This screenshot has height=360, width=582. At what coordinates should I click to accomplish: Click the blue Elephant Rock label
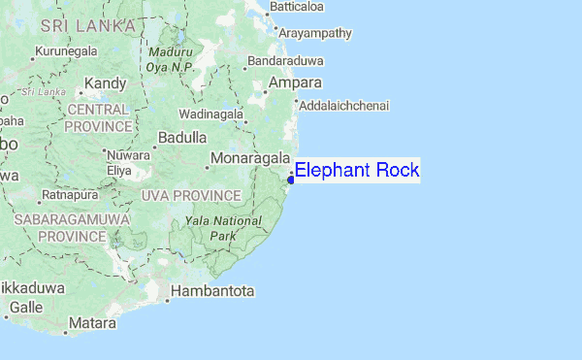[x=357, y=171]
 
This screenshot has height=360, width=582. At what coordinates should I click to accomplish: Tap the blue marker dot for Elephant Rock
[x=291, y=178]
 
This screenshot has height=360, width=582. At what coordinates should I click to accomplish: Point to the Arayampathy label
[x=314, y=33]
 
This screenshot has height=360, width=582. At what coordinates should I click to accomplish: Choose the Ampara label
[x=295, y=83]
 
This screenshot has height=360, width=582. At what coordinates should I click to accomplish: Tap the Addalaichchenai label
[x=344, y=105]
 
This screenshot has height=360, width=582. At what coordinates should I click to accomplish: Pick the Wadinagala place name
[x=210, y=115]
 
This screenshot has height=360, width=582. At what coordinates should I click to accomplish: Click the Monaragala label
[x=250, y=157]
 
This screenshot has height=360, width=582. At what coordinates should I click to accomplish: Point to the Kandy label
[x=105, y=84]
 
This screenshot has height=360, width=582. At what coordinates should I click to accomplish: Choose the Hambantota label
[x=211, y=291]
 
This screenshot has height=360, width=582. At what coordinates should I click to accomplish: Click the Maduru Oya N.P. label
[x=170, y=59]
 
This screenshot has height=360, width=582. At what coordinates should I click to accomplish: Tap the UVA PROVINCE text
[x=191, y=195]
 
